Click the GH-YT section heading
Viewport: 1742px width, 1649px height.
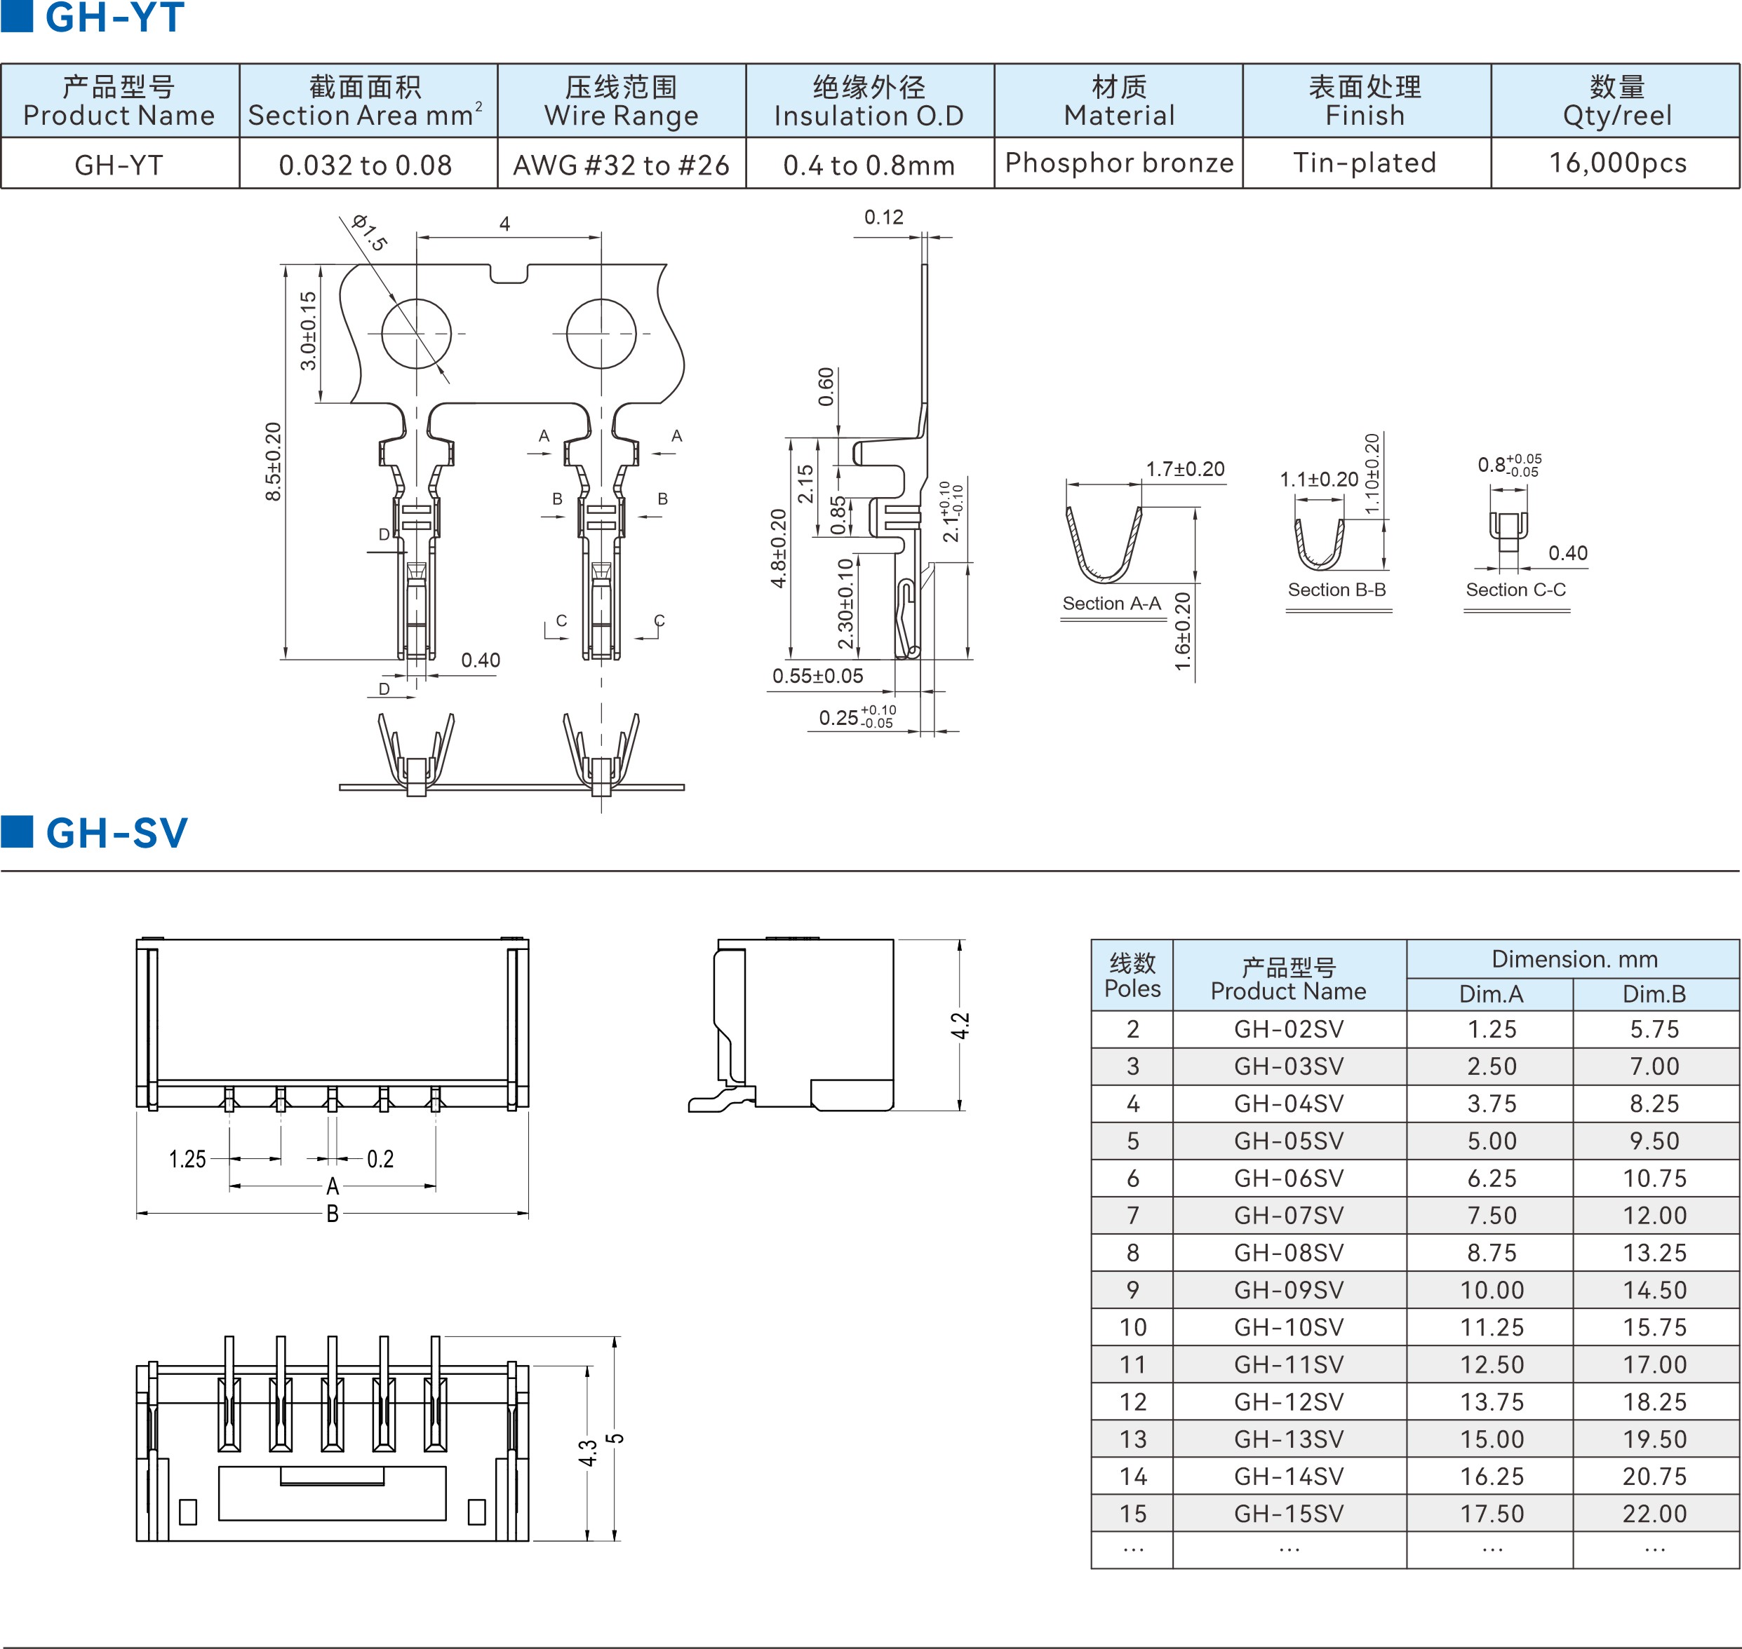pyautogui.click(x=114, y=18)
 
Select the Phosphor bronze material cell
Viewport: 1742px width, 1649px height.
pyautogui.click(x=1118, y=163)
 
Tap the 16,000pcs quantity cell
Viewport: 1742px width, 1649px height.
pyautogui.click(x=1617, y=163)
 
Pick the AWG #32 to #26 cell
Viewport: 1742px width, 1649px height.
pyautogui.click(x=622, y=165)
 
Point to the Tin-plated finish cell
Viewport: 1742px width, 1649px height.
pyautogui.click(x=1365, y=163)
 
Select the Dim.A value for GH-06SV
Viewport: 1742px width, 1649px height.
pyautogui.click(x=1492, y=1178)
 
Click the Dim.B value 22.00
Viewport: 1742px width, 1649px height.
pyautogui.click(x=1655, y=1514)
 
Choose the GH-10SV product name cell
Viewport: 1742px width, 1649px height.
pyautogui.click(x=1289, y=1327)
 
